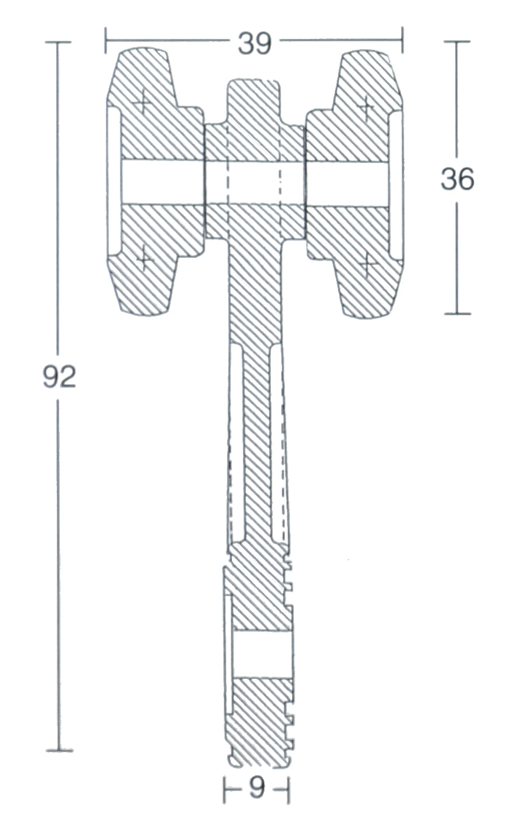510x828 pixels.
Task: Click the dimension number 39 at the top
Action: click(255, 43)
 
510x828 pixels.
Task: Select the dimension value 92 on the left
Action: click(59, 377)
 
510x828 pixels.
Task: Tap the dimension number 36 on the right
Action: click(457, 180)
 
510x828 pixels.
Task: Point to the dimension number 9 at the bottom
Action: click(256, 789)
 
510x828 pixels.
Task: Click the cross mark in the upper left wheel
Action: click(142, 100)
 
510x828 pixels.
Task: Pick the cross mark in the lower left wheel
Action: click(145, 259)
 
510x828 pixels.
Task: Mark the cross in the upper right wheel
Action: click(366, 106)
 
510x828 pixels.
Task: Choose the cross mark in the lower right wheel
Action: click(367, 264)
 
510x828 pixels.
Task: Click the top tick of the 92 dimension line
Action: click(58, 42)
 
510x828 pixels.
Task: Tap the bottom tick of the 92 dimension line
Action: click(59, 750)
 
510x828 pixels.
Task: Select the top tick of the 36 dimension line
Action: click(457, 41)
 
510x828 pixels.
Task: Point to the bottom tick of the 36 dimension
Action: click(457, 313)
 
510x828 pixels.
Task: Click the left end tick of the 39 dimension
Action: click(106, 41)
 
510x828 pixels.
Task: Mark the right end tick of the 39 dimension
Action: click(402, 41)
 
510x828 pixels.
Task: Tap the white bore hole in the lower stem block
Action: click(261, 654)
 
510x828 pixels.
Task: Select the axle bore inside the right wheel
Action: click(347, 184)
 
